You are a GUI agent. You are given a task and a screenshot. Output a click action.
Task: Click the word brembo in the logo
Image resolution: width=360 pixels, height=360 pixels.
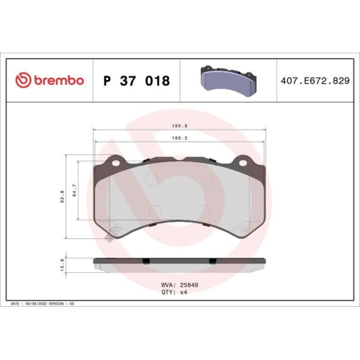point(57,81)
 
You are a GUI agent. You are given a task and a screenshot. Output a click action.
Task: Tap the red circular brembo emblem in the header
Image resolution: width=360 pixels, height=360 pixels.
point(21,81)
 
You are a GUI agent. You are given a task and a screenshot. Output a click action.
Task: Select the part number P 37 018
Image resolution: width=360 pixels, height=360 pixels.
point(137,81)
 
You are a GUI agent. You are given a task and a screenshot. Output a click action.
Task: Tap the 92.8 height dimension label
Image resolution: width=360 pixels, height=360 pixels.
point(63,196)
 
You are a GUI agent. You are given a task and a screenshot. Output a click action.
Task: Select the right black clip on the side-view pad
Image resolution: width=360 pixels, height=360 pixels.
point(211,260)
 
